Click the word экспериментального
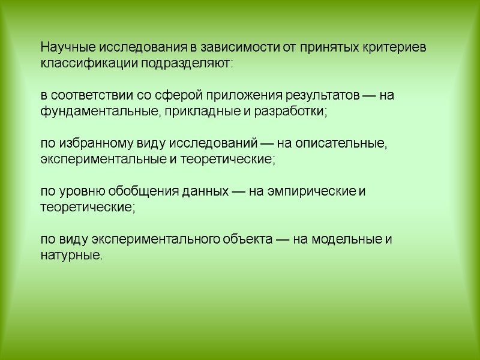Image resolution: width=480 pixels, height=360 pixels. click(147, 239)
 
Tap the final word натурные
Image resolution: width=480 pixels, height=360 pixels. click(71, 256)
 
